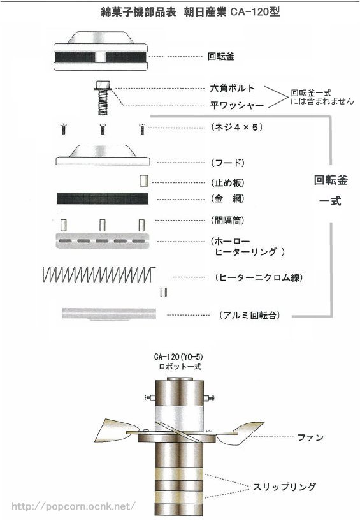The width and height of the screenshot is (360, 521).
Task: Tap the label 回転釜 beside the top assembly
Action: coord(221,56)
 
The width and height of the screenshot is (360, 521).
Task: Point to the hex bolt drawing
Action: coord(101,96)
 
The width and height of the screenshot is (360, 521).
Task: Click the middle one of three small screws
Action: coord(101,128)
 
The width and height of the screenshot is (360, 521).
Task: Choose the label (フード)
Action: coord(226,163)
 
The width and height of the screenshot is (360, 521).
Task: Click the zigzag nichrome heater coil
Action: coord(96,275)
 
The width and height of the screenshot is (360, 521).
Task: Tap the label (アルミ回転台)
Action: coord(249,315)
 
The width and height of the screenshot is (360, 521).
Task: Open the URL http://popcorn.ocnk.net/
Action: coord(74,506)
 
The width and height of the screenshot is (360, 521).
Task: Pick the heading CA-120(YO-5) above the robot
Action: coord(178,358)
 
